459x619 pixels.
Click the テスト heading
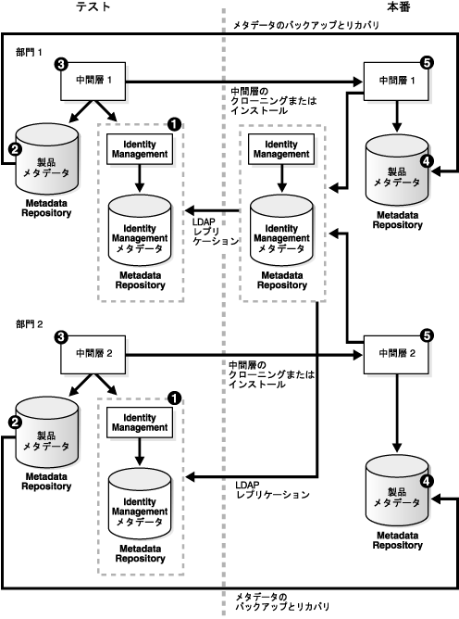93,6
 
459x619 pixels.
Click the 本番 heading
398,6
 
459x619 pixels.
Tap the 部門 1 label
29,52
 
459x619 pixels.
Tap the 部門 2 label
30,324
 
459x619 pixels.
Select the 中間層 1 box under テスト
93,81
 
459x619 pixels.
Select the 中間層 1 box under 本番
396,81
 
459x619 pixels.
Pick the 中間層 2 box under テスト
93,355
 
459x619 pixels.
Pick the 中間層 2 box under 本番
396,355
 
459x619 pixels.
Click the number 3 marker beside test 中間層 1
61,64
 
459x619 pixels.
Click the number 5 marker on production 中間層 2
427,336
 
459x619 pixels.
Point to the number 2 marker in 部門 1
15,149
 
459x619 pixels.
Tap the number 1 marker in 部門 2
174,398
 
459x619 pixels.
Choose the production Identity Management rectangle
281,149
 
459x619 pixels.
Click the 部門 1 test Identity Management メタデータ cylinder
140,230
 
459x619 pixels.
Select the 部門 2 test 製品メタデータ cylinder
46,432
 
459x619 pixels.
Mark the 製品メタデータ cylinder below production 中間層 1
397,171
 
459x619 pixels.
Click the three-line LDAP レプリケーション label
216,232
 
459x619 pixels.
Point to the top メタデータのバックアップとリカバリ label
306,25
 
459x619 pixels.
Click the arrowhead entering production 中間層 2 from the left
358,355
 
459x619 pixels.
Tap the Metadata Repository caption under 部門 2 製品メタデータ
46,482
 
